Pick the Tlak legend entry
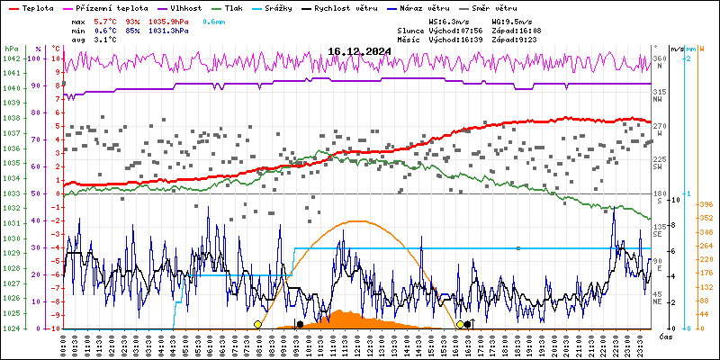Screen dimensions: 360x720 tap(232, 7)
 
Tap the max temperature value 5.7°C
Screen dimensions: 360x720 tap(107, 21)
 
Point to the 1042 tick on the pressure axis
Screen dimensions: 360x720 tap(11, 58)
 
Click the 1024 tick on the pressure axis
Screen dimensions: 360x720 tap(11, 328)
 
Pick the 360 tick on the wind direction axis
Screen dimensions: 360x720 tap(660, 58)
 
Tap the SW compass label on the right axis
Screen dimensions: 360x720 tap(659, 167)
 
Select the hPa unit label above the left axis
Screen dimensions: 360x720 tap(11, 48)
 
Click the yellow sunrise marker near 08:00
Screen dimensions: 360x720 tap(258, 324)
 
